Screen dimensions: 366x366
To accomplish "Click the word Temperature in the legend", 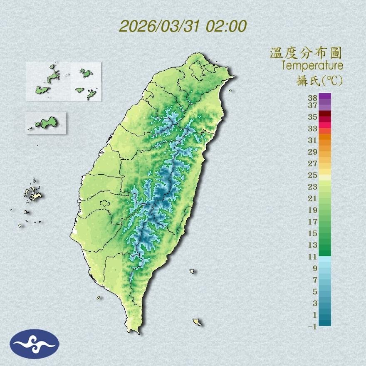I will point(312,65).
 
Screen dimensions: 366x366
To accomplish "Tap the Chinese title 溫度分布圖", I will point(306,53).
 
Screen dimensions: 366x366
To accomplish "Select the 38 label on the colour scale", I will point(312,98).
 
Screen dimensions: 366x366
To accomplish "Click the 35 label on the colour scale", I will point(312,117).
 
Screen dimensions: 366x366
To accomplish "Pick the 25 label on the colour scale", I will point(312,175).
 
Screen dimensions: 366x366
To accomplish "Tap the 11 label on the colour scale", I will point(312,257).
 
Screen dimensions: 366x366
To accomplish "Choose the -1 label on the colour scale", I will point(312,326).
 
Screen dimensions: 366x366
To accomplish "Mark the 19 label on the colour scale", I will point(312,210).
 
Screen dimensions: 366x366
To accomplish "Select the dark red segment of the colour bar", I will point(325,114).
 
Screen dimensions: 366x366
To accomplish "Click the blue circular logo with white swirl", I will point(35,344).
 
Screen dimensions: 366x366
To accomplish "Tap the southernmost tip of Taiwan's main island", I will point(134,331).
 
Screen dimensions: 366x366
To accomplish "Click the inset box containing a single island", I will point(46,123).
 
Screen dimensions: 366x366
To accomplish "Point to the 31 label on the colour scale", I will point(312,140).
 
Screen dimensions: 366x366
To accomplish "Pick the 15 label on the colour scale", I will point(312,233).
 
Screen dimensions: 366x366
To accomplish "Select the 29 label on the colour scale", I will point(312,152).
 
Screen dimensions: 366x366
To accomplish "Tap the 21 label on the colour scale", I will point(312,198).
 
